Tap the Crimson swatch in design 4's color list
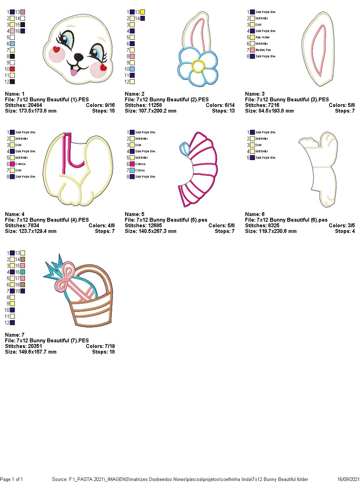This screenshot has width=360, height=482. click(x=12, y=164)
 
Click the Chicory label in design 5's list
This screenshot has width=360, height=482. click(x=140, y=170)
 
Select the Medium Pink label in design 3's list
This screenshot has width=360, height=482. click(x=263, y=50)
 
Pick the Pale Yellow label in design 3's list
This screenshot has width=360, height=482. click(x=263, y=37)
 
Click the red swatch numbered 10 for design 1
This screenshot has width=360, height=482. click(x=12, y=69)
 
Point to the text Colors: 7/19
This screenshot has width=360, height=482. click(x=100, y=346)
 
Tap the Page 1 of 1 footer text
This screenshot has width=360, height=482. click(x=12, y=479)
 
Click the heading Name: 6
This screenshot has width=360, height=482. click(x=255, y=214)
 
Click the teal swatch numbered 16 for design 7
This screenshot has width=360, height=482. click(x=22, y=272)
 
